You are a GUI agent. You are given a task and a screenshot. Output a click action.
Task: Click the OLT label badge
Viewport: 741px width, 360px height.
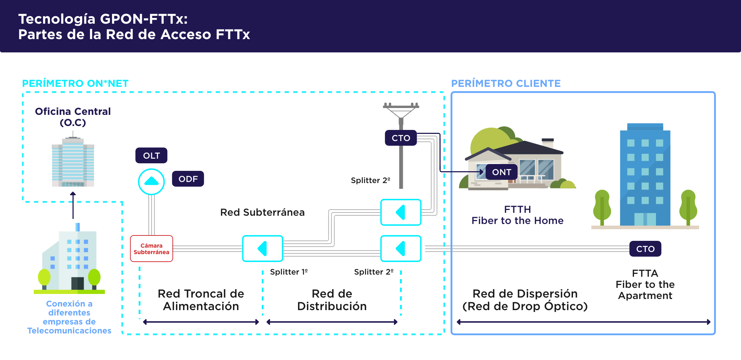coord(151,155)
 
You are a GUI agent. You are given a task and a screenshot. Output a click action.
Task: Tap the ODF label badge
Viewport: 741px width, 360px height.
coord(188,179)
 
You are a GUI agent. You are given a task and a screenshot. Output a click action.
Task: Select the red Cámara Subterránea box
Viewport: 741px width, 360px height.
coord(152,249)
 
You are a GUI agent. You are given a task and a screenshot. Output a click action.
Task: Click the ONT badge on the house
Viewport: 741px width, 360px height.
coord(501,172)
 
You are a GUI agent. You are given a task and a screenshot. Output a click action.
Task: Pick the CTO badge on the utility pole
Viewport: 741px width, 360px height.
coord(401,138)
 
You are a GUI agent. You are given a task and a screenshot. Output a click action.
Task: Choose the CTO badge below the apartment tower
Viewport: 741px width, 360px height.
coord(645,249)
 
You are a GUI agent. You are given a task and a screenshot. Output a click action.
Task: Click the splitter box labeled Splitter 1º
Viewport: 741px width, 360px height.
coord(263,248)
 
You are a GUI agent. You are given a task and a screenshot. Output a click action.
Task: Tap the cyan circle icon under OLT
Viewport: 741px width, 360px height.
coord(152,182)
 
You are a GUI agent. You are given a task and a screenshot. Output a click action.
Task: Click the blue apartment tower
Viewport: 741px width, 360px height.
coord(645,176)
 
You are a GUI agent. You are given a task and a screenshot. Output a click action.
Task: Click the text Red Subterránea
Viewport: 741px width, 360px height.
coord(262,212)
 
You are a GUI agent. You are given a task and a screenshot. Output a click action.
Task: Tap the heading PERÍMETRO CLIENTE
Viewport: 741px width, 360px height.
coord(505,83)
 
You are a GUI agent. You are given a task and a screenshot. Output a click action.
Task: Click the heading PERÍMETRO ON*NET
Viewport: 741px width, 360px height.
coord(75,83)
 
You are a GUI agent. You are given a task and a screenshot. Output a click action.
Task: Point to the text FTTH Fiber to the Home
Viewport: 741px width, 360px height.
coord(517,215)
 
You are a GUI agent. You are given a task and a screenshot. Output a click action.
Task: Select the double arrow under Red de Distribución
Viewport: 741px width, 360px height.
coord(332,322)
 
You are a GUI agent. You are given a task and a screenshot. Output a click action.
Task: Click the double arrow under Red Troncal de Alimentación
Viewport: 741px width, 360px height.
coord(201,322)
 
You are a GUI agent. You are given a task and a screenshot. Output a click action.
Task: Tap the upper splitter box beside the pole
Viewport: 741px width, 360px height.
coord(401,212)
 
